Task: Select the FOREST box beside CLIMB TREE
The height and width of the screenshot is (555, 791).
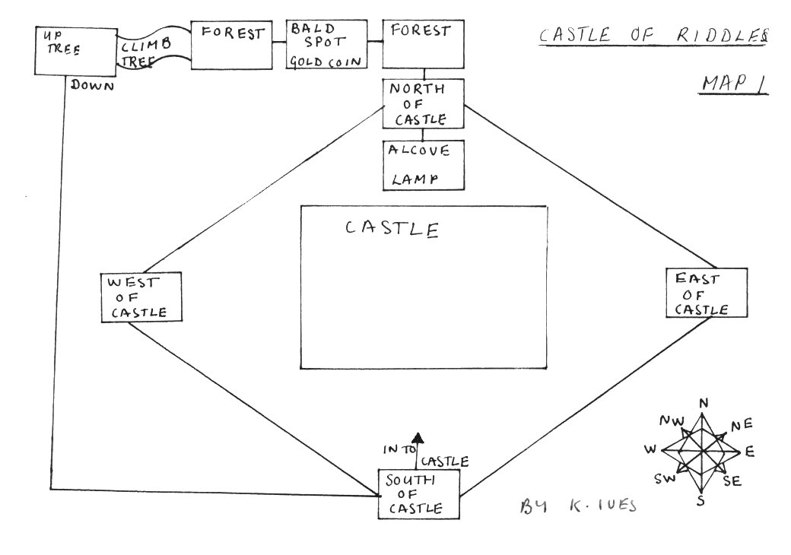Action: [233, 46]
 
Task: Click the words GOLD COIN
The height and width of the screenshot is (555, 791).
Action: [324, 61]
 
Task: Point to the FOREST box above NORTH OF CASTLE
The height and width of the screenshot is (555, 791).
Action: [422, 46]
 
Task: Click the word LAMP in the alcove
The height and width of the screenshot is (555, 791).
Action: [415, 179]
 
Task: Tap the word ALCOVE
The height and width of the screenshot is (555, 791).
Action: [419, 150]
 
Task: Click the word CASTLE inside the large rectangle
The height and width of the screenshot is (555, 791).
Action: [392, 228]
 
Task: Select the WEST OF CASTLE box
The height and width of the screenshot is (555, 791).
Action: [143, 297]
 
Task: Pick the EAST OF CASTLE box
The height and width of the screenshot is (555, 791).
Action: [707, 292]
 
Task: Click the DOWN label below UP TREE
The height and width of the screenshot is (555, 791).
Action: [92, 86]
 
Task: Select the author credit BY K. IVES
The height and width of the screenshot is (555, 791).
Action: [577, 506]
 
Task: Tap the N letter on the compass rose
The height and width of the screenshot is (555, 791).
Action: [704, 403]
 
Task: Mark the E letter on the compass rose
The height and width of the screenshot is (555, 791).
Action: [750, 452]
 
